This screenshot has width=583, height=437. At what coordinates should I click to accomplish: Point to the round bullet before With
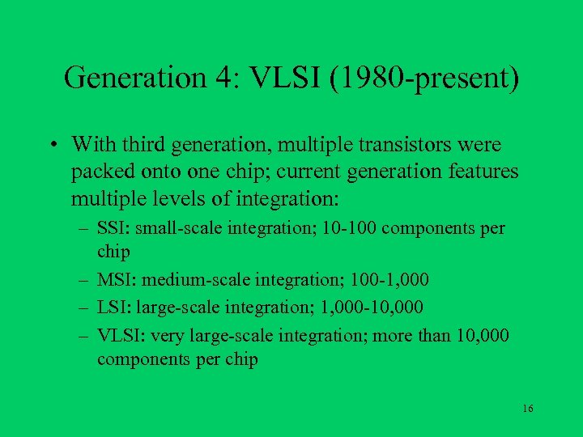[x=51, y=146]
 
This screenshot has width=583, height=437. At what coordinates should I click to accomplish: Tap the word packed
[x=98, y=172]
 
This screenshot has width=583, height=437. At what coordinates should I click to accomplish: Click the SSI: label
[x=113, y=229]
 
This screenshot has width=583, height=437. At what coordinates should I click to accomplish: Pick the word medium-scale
[x=185, y=280]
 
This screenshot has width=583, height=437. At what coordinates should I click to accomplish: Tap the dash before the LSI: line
[x=83, y=307]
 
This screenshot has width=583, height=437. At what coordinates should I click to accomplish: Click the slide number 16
[x=527, y=409]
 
